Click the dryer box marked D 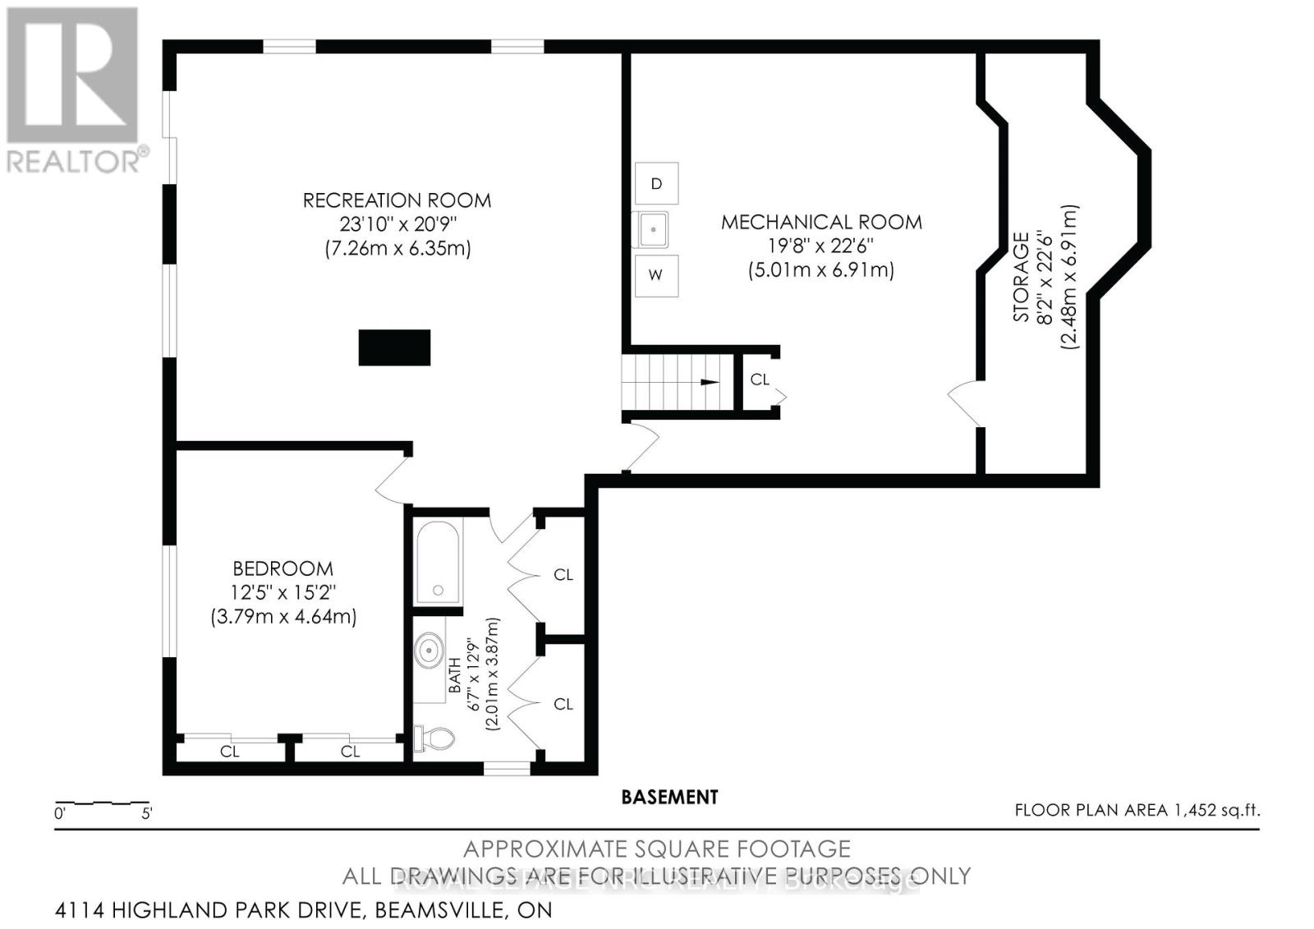click(x=656, y=183)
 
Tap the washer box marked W click(x=656, y=275)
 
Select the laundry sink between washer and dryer click(x=654, y=229)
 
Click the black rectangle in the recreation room click(x=395, y=347)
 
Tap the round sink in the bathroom click(x=430, y=653)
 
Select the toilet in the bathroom click(x=435, y=738)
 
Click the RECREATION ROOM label click(x=397, y=200)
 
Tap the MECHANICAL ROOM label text click(x=821, y=222)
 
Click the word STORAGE click(x=1021, y=278)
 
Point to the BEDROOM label click(x=283, y=568)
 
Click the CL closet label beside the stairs click(x=760, y=379)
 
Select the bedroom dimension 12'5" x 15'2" click(x=283, y=592)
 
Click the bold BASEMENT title click(x=669, y=797)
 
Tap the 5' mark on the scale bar click(x=147, y=814)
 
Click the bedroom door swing click(x=393, y=481)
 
